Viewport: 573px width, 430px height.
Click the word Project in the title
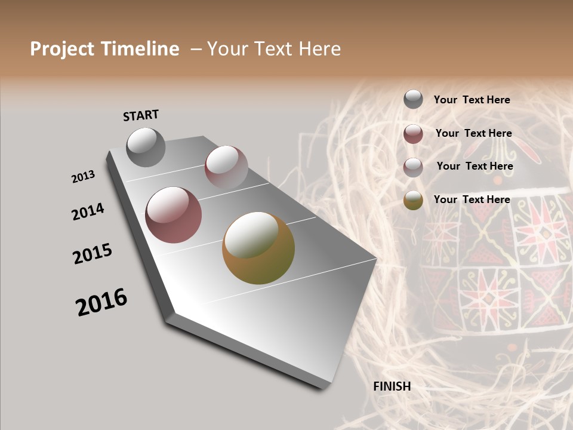[63, 49]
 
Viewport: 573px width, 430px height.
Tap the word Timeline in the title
[140, 49]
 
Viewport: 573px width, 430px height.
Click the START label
[141, 115]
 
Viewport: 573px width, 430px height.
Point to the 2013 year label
[84, 177]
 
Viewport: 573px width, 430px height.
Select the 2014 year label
[88, 211]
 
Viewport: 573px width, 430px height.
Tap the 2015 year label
[93, 254]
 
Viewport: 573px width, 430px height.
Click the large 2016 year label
[101, 302]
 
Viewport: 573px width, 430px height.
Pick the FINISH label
[392, 386]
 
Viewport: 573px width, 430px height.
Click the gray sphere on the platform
[146, 147]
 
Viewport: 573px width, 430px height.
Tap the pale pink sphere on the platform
[226, 167]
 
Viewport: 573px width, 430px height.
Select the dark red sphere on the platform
[174, 215]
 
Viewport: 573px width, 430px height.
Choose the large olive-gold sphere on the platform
[258, 248]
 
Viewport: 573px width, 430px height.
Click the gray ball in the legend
[413, 100]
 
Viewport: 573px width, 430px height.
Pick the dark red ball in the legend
[413, 134]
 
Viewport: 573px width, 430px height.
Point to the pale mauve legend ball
[413, 167]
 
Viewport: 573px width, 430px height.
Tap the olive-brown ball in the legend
[413, 201]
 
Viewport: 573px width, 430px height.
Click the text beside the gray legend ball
[472, 100]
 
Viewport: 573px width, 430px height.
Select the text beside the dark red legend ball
[473, 133]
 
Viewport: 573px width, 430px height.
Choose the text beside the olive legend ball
[472, 199]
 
